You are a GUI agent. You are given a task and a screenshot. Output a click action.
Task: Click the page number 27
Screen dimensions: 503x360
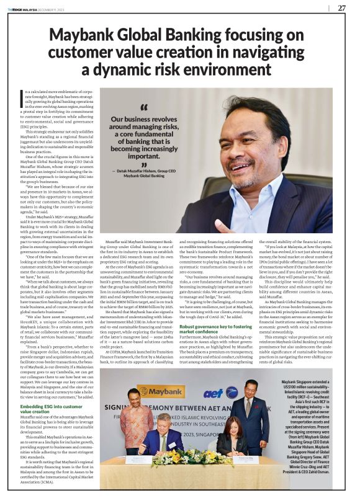click(x=341, y=8)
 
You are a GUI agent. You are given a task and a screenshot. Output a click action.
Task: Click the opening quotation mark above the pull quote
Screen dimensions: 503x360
click(x=126, y=109)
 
